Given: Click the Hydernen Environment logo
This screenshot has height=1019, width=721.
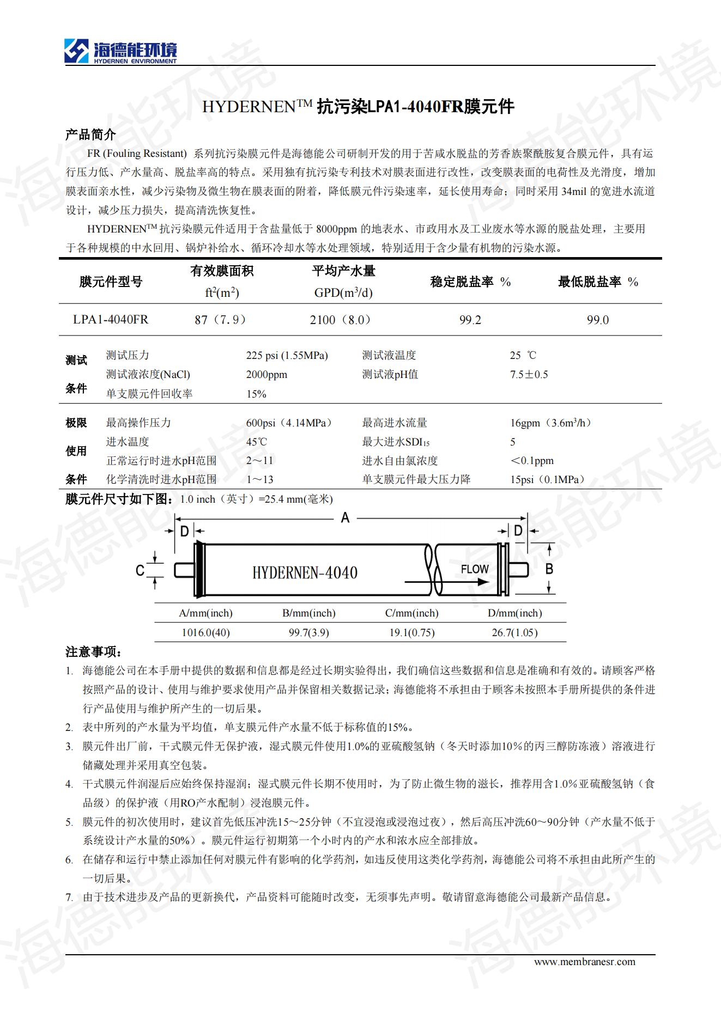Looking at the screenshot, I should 120,52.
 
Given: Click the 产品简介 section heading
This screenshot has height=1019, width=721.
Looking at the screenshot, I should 90,135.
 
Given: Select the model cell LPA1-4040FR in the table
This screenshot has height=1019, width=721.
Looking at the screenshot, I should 111,320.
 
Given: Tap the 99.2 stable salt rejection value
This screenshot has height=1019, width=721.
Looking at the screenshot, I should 470,320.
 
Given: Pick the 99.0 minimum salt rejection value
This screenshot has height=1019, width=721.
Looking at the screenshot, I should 597,320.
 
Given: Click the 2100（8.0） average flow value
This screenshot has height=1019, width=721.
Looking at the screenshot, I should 342,320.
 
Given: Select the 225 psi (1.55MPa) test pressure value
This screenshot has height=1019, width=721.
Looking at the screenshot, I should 287,356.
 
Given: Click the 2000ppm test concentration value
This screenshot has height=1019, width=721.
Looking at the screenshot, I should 266,375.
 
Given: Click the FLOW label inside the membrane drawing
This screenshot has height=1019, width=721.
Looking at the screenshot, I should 475,570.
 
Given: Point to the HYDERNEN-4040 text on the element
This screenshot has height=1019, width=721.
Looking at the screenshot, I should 305,573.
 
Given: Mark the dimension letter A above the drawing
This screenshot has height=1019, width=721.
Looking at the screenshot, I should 345,518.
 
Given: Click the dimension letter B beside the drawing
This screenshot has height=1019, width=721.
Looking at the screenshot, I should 549,569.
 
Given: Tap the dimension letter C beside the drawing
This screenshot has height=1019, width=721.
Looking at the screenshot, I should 140,570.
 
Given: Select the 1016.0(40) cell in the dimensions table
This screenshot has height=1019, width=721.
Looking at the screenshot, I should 205,633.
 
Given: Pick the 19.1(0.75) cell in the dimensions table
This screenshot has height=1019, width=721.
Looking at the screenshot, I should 411,633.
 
